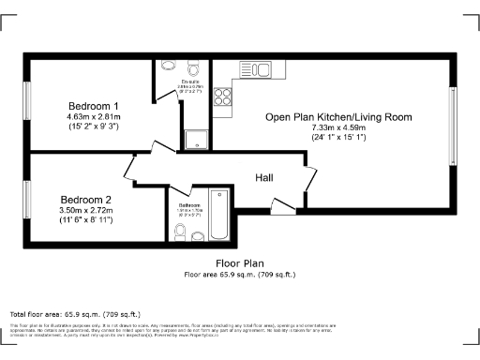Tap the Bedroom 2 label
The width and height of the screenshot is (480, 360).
pos(86,200)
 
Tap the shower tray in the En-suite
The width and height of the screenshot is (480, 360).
pos(197,140)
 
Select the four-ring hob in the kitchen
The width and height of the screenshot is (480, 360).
pos(224,97)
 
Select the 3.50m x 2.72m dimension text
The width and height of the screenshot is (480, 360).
pos(86,211)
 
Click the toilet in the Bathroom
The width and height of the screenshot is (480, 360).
pos(180,229)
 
